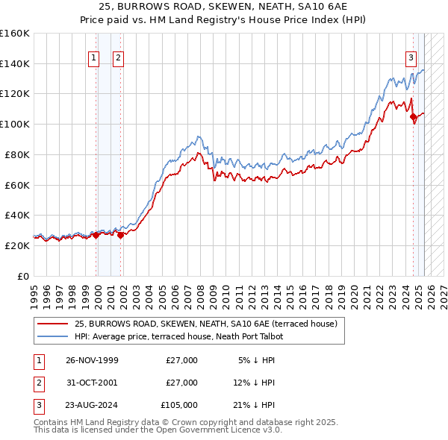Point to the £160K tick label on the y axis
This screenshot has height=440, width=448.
(15, 34)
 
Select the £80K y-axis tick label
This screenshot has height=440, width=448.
(17, 154)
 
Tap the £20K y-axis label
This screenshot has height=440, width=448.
(17, 245)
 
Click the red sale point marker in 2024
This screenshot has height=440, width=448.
(413, 116)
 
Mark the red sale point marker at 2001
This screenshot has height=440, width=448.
(120, 235)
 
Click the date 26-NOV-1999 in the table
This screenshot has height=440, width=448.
(92, 360)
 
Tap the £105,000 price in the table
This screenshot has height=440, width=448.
(178, 405)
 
